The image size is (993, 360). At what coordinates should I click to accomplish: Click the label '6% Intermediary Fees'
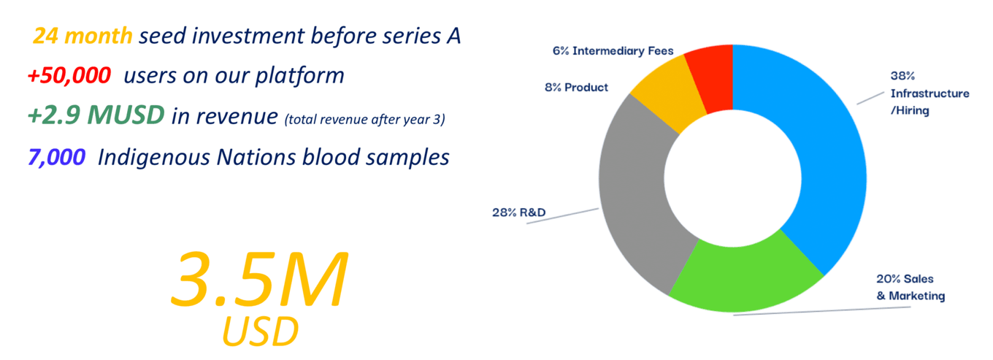[613, 51]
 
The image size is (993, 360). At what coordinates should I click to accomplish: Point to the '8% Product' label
[576, 88]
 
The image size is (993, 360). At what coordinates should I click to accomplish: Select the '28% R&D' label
[518, 212]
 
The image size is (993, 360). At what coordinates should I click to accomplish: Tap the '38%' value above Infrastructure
[902, 76]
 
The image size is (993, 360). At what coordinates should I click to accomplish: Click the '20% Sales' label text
[905, 279]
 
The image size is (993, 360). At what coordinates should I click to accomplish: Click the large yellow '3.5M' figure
[259, 279]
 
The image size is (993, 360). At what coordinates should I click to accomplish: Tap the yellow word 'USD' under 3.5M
[260, 332]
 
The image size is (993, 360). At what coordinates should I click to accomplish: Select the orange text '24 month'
[83, 36]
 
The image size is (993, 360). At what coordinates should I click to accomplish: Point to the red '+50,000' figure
[69, 75]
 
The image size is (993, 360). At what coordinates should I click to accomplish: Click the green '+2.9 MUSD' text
[96, 115]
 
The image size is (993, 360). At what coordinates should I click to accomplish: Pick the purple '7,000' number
[57, 157]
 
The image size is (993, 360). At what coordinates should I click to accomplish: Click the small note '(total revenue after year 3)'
[365, 120]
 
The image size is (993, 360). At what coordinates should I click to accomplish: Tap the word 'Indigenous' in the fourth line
[154, 158]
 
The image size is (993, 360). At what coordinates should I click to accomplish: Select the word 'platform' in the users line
[299, 76]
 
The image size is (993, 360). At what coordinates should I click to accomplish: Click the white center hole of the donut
[733, 178]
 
